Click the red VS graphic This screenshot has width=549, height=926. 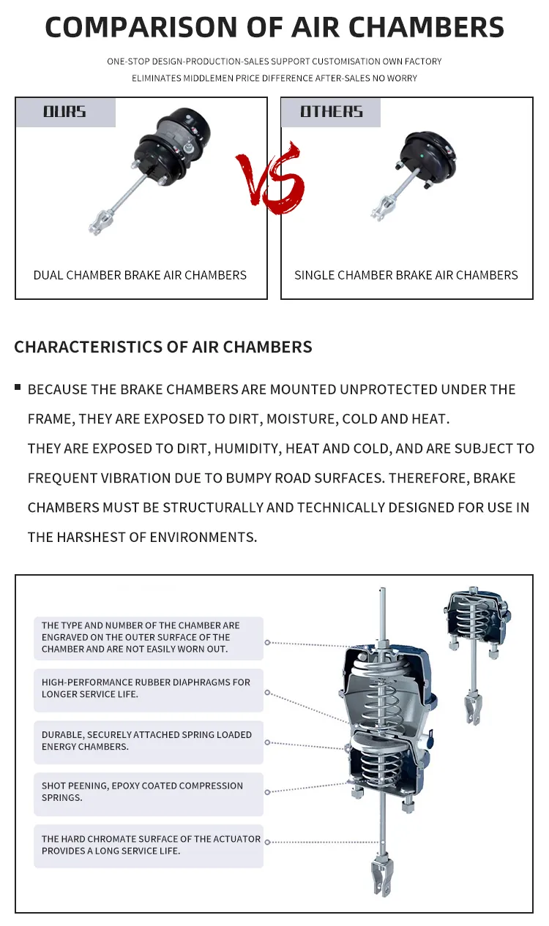(x=271, y=178)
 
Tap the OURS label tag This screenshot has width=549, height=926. (x=65, y=112)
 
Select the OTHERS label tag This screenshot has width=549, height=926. (x=332, y=112)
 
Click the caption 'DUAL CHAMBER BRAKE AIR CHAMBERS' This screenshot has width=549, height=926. (x=140, y=275)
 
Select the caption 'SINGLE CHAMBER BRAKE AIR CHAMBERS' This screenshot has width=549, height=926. (x=406, y=275)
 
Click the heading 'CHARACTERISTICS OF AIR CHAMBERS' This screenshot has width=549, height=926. (x=163, y=347)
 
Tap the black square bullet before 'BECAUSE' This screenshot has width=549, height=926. (x=18, y=387)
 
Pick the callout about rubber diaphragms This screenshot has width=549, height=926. (x=148, y=688)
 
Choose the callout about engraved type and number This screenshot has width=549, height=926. (x=148, y=637)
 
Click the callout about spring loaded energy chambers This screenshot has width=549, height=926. (x=148, y=740)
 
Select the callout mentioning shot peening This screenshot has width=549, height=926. (x=148, y=791)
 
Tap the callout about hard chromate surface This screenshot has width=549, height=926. (x=148, y=845)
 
